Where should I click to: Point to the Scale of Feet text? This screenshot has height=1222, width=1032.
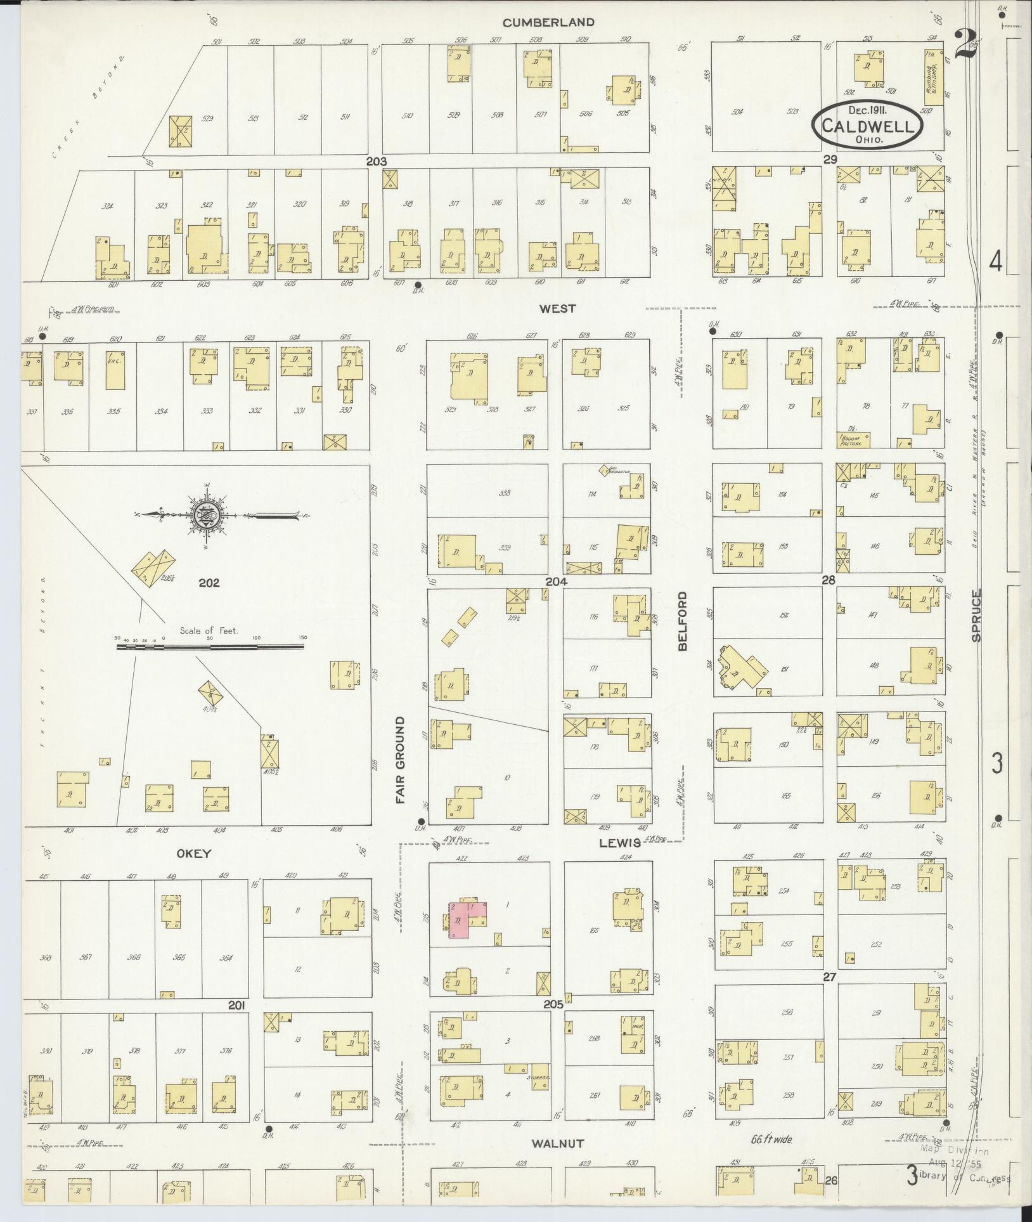click(x=209, y=630)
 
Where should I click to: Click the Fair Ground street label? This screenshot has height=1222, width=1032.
click(x=401, y=760)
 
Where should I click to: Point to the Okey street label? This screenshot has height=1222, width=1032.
click(x=195, y=854)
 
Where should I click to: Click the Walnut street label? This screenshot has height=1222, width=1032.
click(x=557, y=1143)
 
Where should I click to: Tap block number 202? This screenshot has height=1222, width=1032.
click(x=209, y=582)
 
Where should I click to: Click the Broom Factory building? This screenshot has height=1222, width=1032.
click(x=853, y=440)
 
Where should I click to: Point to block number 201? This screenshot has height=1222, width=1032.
click(x=236, y=1005)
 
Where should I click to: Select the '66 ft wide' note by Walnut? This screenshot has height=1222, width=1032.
click(x=771, y=1140)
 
